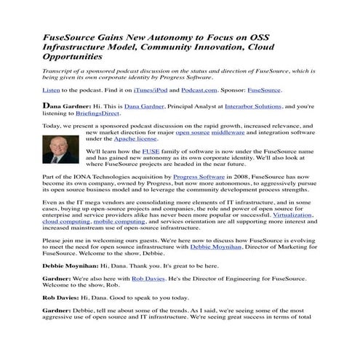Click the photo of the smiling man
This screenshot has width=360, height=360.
59,151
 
